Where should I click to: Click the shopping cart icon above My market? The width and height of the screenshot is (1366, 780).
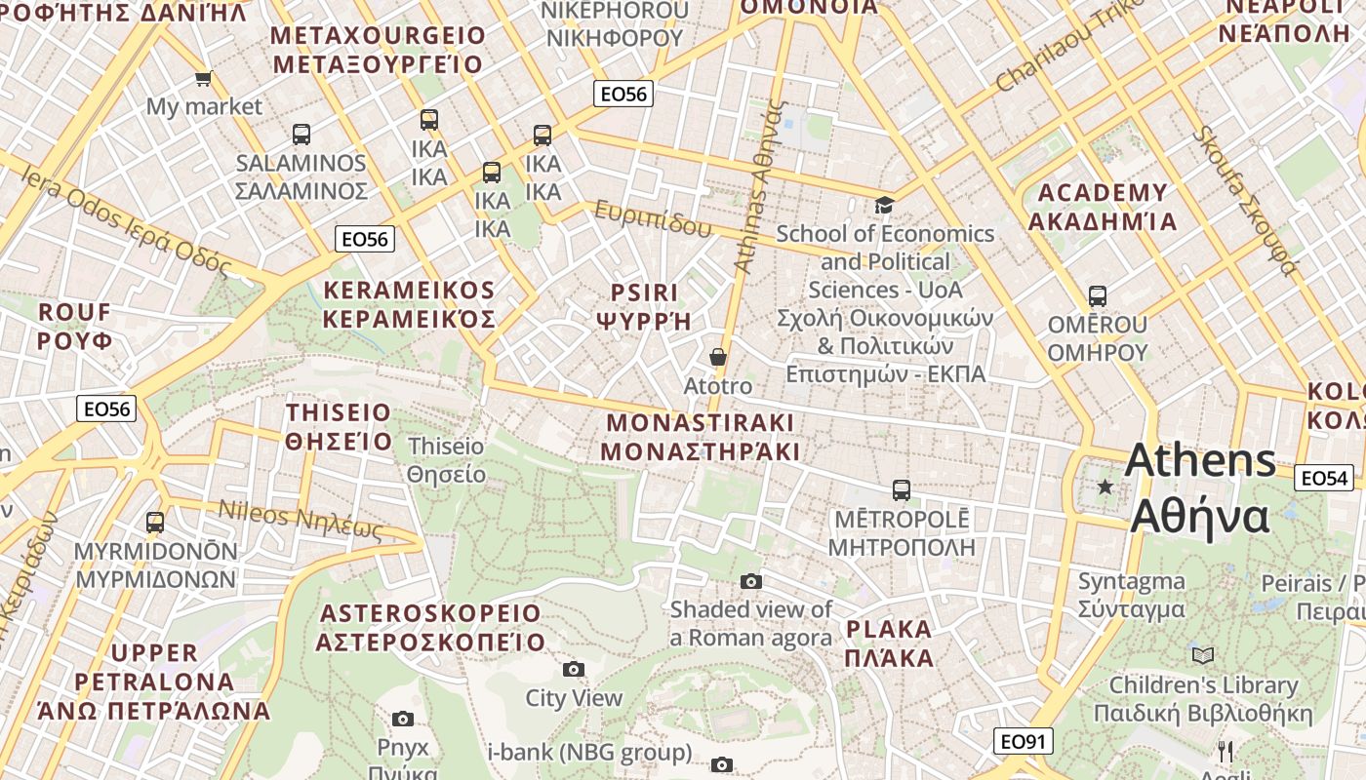click(203, 78)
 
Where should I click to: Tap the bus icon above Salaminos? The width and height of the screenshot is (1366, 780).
click(301, 135)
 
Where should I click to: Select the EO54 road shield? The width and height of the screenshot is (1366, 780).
click(1323, 478)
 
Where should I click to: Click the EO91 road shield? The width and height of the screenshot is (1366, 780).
click(1024, 742)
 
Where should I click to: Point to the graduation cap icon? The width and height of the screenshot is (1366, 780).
click(884, 205)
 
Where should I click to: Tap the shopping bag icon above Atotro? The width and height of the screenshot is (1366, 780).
click(718, 358)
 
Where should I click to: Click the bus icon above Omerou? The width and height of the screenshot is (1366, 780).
click(1098, 295)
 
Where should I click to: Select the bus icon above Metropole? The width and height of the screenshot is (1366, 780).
click(902, 489)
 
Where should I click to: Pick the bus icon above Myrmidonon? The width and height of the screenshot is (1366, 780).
click(155, 523)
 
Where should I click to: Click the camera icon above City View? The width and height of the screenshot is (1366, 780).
click(574, 669)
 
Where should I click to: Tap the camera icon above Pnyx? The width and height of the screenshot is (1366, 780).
click(402, 719)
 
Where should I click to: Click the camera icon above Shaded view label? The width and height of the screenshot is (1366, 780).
click(750, 581)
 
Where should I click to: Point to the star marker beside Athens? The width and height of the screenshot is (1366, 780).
click(1105, 487)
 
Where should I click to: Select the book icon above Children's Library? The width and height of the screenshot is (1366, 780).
click(1203, 655)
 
